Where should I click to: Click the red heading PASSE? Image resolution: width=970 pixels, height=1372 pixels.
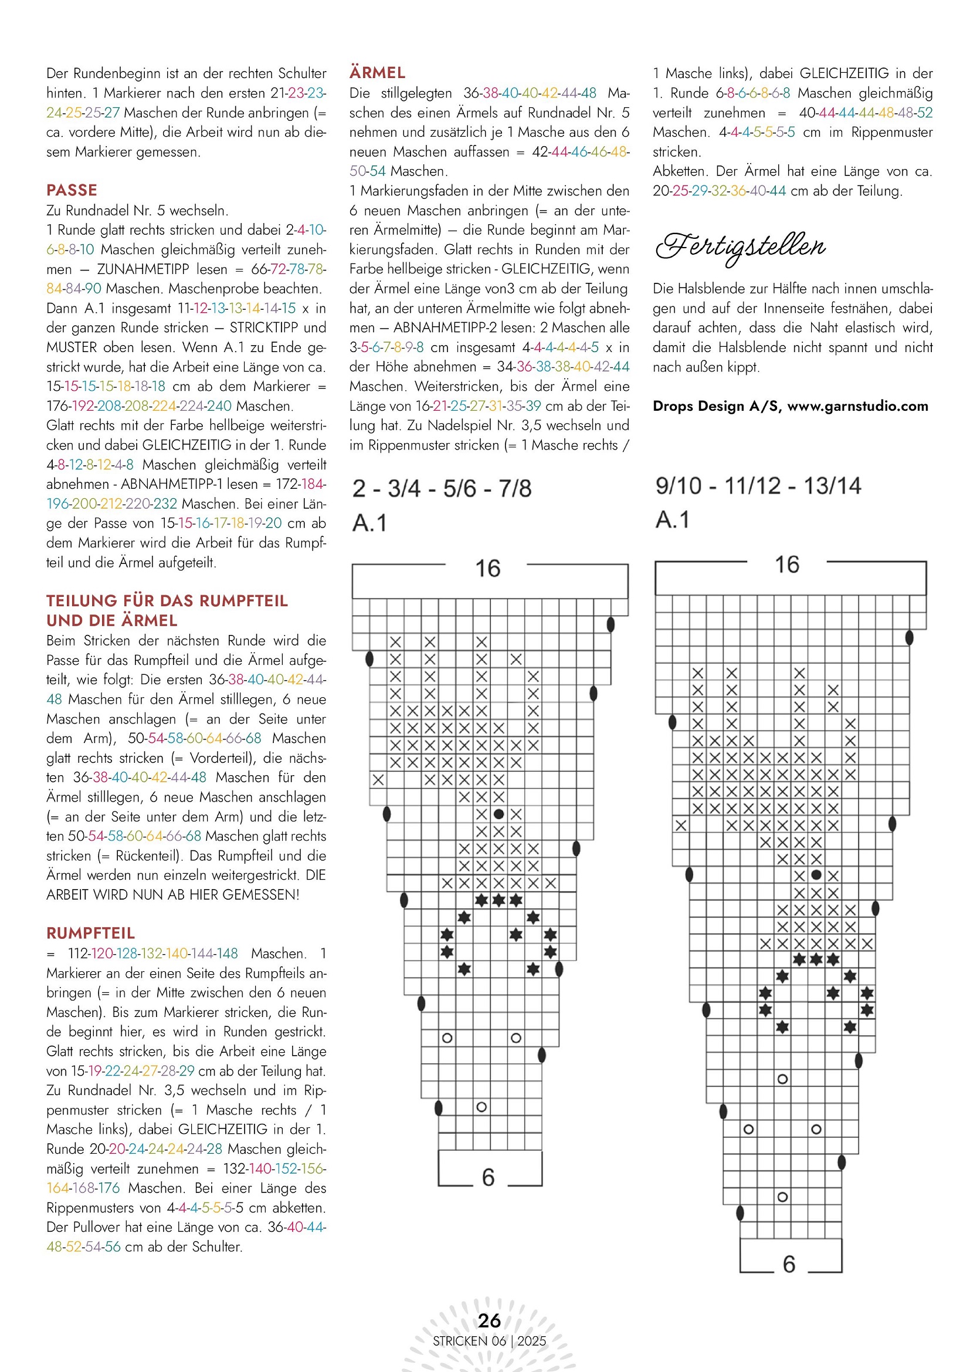[72, 190]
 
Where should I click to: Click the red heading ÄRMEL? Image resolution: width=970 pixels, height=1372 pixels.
[377, 73]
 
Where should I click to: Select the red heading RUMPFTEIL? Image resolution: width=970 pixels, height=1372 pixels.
[91, 933]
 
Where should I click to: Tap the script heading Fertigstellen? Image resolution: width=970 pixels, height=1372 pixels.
[741, 247]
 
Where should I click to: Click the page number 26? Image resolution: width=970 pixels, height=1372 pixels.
[489, 1320]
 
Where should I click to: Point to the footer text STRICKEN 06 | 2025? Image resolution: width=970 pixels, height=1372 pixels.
[489, 1341]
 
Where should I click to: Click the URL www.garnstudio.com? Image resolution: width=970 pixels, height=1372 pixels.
[858, 406]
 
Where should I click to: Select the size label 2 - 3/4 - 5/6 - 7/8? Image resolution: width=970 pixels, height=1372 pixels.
[442, 489]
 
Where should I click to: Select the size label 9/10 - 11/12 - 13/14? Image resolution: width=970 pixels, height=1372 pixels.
[758, 486]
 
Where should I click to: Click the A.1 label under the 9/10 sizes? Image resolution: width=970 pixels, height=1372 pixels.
[673, 520]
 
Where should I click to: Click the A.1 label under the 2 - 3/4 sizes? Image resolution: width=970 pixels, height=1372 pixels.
[369, 523]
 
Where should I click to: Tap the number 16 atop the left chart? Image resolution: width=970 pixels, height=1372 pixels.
[487, 568]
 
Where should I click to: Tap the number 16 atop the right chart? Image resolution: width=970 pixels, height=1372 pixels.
[786, 565]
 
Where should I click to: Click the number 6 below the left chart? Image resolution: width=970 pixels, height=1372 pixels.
[488, 1177]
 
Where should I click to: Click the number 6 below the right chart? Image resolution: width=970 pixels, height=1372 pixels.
[788, 1264]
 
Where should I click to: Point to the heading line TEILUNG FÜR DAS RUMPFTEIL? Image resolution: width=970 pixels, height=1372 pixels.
[167, 600]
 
